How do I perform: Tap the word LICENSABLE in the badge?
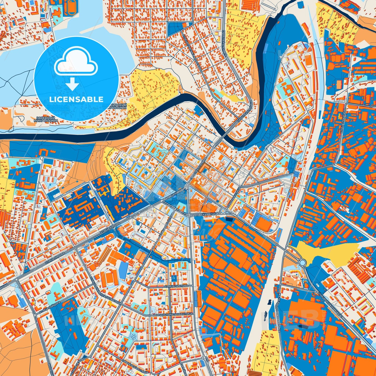pos(76,99)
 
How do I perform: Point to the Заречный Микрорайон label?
pos(46,119)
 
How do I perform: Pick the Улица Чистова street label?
pos(176,286)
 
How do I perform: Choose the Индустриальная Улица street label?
pos(175,314)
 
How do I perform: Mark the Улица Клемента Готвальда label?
pos(104,291)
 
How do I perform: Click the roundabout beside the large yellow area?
pos(302,263)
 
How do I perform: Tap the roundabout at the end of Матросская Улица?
pos(223,211)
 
